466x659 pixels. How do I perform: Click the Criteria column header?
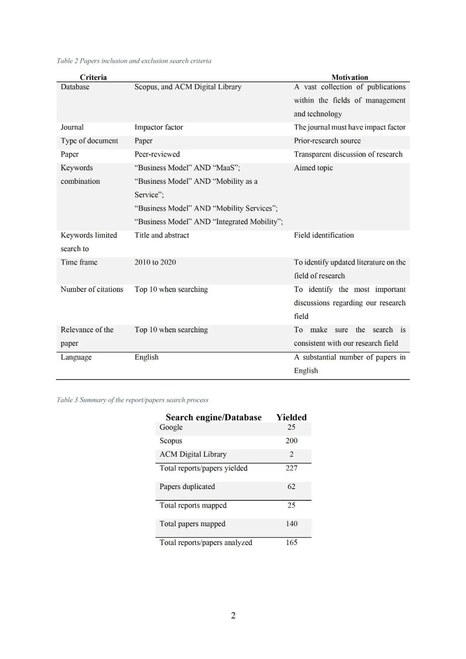tap(93, 77)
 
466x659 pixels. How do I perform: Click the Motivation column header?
tap(349, 77)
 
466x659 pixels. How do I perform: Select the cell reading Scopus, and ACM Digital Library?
tap(188, 87)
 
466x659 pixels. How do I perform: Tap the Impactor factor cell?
tap(159, 127)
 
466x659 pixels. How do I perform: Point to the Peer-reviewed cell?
tap(157, 154)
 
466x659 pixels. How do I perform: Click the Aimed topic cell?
tap(313, 168)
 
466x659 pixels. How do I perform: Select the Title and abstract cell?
tap(162, 235)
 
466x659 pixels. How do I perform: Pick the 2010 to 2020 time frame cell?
tap(155, 262)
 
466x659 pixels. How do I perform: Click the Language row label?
tap(76, 357)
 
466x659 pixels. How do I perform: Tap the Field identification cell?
tap(324, 235)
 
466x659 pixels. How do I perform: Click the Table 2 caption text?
tap(134, 61)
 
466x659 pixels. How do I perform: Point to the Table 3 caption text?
tap(132, 400)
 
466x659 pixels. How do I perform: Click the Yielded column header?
tap(291, 417)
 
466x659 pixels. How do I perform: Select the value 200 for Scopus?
tap(291, 440)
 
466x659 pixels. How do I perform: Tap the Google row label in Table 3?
tap(171, 427)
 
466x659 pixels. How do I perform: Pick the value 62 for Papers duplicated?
tap(291, 486)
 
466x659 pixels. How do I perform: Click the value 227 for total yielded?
tap(291, 468)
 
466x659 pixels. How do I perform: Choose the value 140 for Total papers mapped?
tap(291, 524)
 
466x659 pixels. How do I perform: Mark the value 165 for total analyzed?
tap(291, 543)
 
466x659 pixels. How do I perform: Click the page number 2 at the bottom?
tap(233, 615)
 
